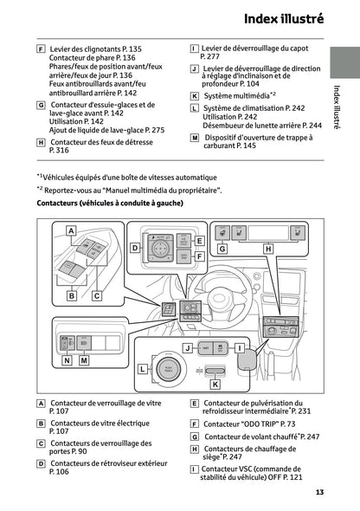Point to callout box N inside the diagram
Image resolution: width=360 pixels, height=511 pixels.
coord(67,360)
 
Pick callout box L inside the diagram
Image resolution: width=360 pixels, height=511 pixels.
coord(143,368)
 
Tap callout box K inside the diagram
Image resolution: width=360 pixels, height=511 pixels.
coord(215,383)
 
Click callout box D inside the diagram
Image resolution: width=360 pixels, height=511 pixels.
coord(135,248)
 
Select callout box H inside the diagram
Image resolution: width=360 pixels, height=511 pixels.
coord(267,249)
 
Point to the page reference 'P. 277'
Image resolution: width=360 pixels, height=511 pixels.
coord(211,56)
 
